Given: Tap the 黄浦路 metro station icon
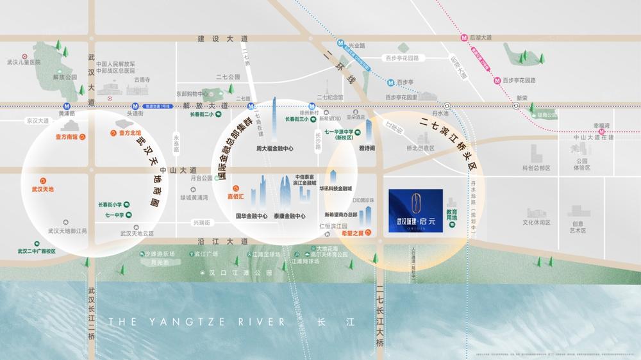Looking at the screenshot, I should click(67, 106).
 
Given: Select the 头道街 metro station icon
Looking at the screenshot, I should click(135, 106).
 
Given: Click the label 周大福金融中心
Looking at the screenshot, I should click(275, 149).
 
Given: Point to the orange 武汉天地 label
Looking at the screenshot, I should click(43, 190).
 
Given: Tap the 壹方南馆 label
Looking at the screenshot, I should click(66, 136).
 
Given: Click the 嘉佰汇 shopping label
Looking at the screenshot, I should click(238, 197).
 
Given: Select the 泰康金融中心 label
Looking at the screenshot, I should click(289, 217).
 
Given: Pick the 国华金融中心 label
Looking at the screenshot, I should click(252, 217).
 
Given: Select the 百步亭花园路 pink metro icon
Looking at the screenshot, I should click(497, 81).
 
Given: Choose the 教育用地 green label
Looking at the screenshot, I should click(452, 215).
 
